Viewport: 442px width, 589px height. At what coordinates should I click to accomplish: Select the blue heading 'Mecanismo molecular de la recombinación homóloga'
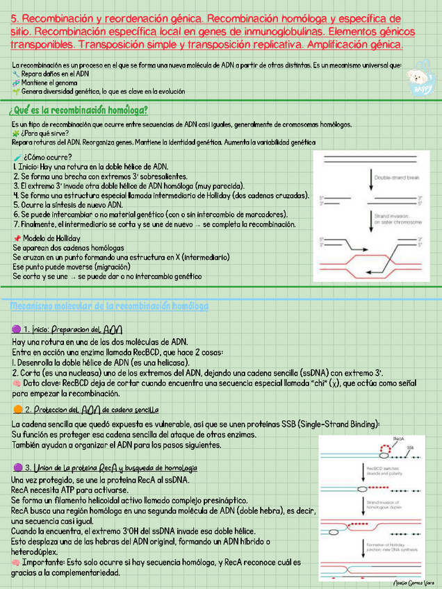click(x=109, y=306)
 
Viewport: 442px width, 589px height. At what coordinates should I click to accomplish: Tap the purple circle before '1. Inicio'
click(x=17, y=329)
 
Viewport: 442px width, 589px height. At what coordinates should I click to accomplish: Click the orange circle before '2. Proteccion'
click(x=17, y=410)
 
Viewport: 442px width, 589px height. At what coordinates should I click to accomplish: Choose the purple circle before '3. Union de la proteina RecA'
click(x=17, y=467)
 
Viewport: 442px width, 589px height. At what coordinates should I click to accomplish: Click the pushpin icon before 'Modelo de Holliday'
click(x=17, y=238)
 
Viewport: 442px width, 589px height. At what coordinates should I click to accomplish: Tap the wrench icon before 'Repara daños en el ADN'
click(x=17, y=74)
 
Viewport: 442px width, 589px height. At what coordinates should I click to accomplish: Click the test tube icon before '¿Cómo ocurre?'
click(x=17, y=156)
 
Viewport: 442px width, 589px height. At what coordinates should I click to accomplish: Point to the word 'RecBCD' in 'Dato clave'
click(x=76, y=382)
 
